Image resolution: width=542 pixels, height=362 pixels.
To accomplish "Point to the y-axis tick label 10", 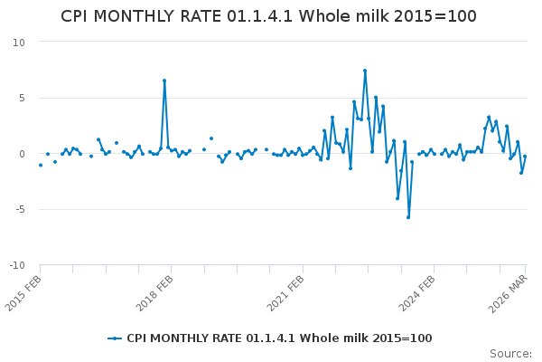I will point(19,43).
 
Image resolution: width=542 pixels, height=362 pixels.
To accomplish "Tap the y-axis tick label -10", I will point(17,266).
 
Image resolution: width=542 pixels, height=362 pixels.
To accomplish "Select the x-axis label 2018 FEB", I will point(156,291).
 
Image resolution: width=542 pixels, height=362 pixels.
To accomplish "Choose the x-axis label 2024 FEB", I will point(418,291).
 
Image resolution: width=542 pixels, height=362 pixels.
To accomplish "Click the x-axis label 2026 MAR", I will point(509,291).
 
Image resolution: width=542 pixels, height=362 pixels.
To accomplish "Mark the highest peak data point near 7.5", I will point(365,71).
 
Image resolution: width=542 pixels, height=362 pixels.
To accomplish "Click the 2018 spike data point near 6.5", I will point(164,81).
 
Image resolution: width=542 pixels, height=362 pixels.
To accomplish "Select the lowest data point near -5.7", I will point(408,217).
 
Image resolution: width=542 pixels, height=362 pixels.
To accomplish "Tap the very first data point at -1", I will point(41,165).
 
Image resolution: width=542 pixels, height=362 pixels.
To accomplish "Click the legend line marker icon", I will point(114,338).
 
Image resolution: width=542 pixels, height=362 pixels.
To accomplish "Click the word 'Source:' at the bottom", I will point(511,354).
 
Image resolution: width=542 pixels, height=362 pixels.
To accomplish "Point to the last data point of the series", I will point(525,157).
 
